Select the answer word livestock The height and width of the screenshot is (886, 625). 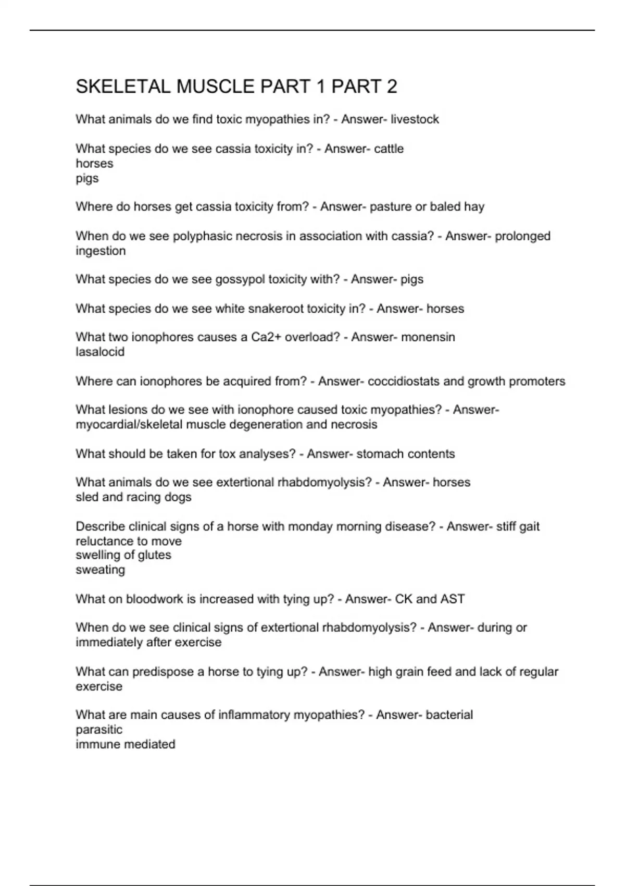pyautogui.click(x=415, y=119)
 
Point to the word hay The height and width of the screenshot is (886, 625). pyautogui.click(x=474, y=207)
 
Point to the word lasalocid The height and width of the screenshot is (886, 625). pyautogui.click(x=100, y=352)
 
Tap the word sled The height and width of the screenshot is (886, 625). pyautogui.click(x=87, y=497)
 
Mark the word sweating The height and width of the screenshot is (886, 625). pyautogui.click(x=101, y=570)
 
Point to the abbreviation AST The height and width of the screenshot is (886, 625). pyautogui.click(x=453, y=599)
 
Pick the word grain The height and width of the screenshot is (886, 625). pyautogui.click(x=409, y=672)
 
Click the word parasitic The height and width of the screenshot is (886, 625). pyautogui.click(x=99, y=730)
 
